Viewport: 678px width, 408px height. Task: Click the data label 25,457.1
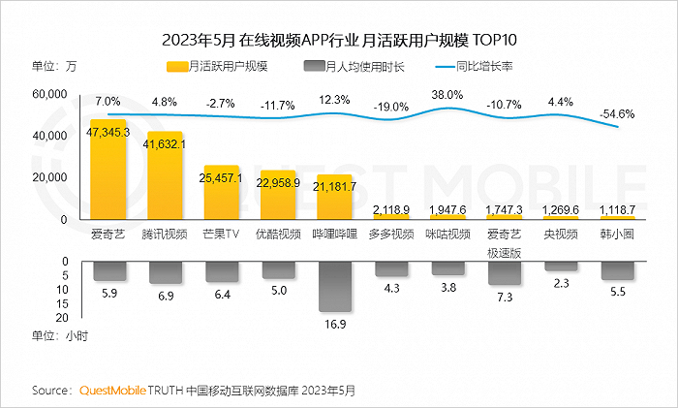(x=222, y=178)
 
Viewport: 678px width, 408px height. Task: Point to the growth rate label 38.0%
(x=447, y=95)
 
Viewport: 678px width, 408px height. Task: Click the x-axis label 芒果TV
(x=221, y=234)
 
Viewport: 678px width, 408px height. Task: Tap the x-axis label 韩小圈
(x=617, y=234)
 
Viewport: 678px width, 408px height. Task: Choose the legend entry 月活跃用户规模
(x=216, y=67)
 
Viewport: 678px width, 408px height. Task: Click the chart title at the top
(x=339, y=39)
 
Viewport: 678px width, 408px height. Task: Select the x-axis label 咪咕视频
(x=448, y=234)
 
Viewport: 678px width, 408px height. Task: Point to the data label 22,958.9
(x=278, y=182)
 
